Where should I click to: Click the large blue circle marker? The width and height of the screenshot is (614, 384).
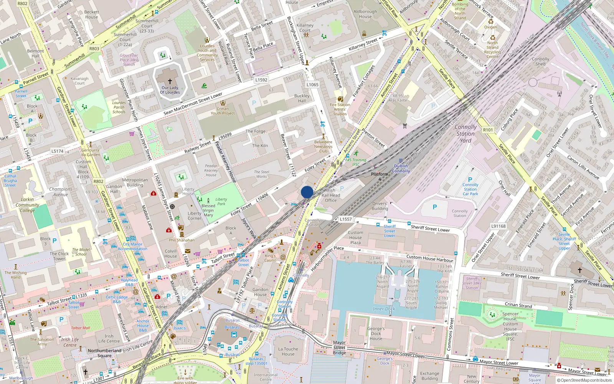tap(307, 192)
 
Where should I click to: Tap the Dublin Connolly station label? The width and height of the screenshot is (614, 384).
tap(401, 169)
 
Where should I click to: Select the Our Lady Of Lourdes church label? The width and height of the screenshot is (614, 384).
tap(170, 90)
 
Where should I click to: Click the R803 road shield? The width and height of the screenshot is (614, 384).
tap(94, 49)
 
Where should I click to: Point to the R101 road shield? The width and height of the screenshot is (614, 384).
tap(488, 130)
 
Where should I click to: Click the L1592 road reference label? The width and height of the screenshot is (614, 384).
tap(261, 80)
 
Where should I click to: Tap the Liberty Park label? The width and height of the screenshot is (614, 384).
tap(221, 201)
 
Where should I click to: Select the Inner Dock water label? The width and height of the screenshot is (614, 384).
tap(384, 309)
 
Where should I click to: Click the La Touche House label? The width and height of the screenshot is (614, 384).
tap(288, 352)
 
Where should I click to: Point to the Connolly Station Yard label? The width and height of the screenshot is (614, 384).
tap(465, 134)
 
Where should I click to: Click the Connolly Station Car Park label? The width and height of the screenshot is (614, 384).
tap(470, 189)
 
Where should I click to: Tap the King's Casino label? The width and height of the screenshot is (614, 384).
tap(270, 258)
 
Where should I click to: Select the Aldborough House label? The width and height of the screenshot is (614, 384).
tap(365, 14)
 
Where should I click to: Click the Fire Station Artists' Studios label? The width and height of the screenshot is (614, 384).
tap(340, 109)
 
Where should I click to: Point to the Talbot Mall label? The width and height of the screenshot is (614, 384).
tap(81, 328)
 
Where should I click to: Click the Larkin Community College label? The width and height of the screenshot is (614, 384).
tap(27, 205)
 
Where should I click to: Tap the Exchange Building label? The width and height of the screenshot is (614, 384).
tap(429, 376)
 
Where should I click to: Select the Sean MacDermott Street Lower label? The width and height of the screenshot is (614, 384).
tap(193, 104)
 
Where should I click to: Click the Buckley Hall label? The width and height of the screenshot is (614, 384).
tap(302, 98)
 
